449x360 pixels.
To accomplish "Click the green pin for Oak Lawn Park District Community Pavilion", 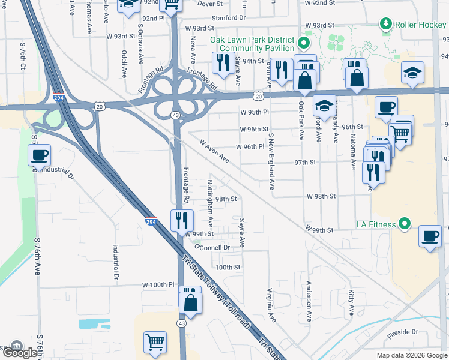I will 304,43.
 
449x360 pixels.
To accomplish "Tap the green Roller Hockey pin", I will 385,25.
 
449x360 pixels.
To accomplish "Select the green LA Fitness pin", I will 404,224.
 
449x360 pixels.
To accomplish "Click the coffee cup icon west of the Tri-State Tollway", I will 40,155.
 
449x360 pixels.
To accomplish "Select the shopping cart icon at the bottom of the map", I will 155,342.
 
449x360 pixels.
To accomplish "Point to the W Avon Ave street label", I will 215,152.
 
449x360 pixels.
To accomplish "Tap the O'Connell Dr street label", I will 212,247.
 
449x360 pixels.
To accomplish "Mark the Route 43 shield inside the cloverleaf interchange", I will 175,114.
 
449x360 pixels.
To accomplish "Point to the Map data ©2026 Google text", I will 412,355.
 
